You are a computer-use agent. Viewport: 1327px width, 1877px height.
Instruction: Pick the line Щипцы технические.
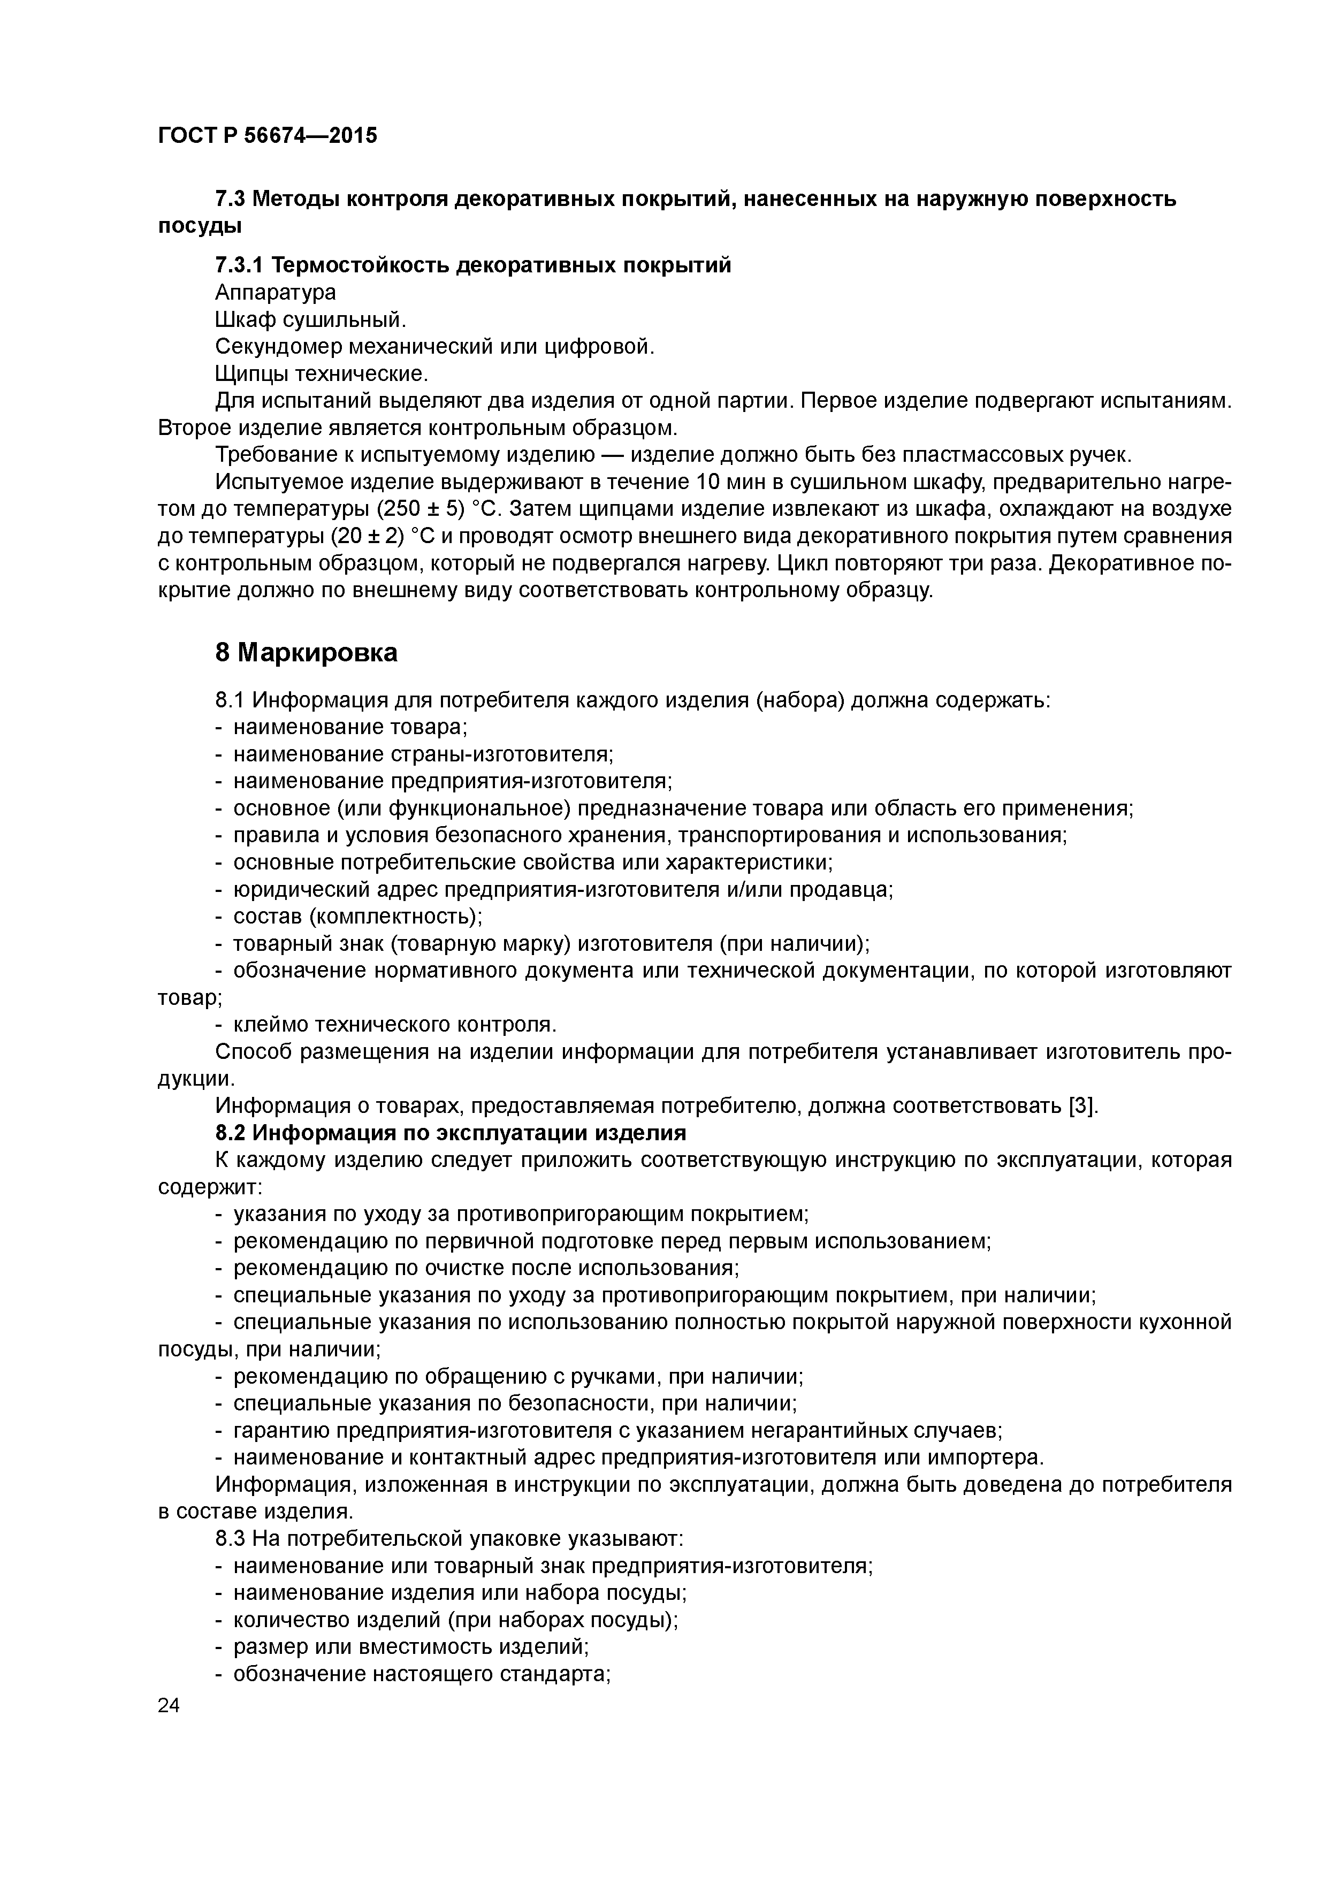coord(322,373)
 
